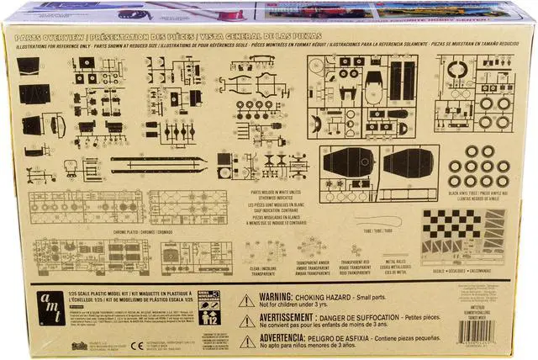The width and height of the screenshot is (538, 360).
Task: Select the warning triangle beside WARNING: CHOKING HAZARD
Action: click(246, 300)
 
